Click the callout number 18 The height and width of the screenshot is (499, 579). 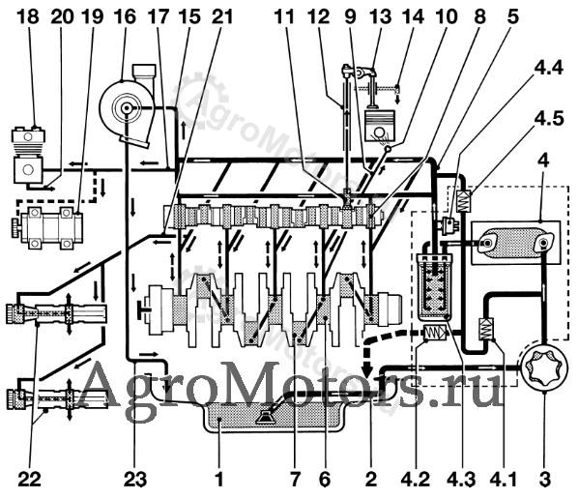point(28,16)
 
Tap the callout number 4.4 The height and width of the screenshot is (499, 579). point(548,68)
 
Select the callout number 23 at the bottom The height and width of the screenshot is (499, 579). point(135,480)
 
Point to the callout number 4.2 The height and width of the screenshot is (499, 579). point(416,480)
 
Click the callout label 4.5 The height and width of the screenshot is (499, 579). point(549,118)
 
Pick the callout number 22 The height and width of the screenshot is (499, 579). point(30,480)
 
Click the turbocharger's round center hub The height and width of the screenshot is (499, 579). point(127,108)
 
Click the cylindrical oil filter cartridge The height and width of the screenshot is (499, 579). point(433,285)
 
